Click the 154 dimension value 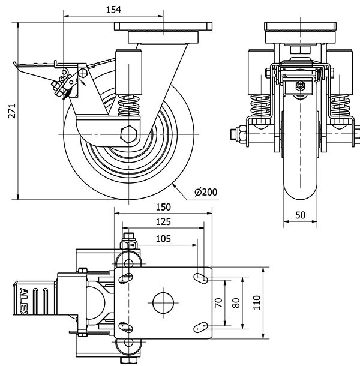tap(113, 9)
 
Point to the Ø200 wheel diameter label tap(206, 192)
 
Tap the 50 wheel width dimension tap(300, 215)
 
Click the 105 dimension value tap(162, 238)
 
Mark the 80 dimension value tap(236, 302)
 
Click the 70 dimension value tap(220, 302)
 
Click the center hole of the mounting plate tap(163, 301)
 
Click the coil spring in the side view tap(129, 108)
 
